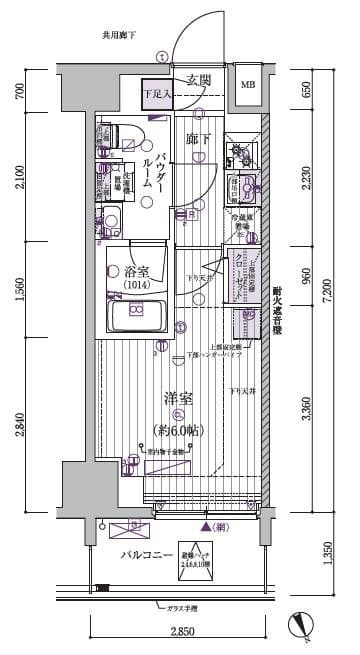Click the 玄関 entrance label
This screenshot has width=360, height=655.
tap(198, 81)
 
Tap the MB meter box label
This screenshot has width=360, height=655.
tap(246, 85)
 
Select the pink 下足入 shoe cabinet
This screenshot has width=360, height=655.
tap(157, 92)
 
